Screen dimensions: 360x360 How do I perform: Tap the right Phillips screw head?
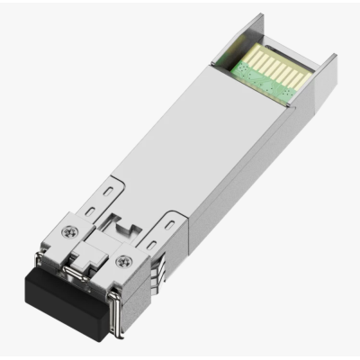click(x=121, y=262)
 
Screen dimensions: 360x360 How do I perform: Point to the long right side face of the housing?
click(x=252, y=180)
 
